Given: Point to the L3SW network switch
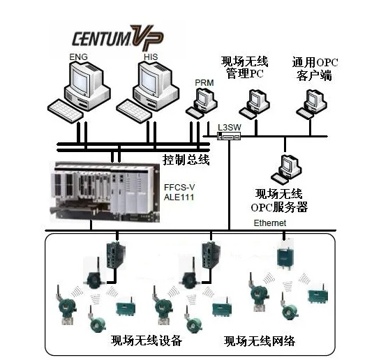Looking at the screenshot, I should click(x=228, y=137).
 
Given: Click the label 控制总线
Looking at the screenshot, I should click(x=186, y=160).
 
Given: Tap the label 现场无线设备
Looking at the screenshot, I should click(x=147, y=341).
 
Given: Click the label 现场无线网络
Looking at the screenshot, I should click(x=260, y=341).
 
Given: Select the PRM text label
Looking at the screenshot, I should click(x=204, y=83).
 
